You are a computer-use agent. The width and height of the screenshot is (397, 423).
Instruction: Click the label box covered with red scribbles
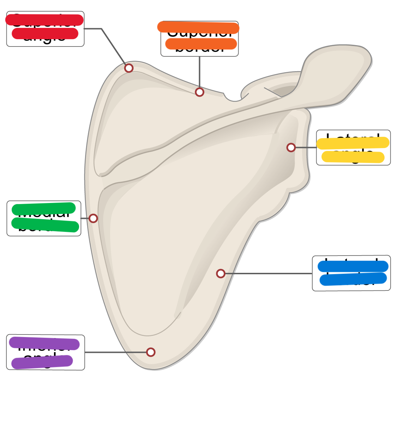tap(45, 29)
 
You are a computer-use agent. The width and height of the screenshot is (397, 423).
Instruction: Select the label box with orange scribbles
tap(199, 38)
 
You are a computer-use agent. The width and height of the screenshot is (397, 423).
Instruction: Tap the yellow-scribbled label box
tap(353, 147)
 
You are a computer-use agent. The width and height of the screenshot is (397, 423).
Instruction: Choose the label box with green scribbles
tap(44, 218)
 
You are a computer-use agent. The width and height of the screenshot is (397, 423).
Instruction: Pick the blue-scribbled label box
tap(351, 273)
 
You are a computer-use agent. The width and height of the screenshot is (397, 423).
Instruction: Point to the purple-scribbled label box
tap(46, 352)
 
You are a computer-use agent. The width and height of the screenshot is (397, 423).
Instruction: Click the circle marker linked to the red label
tap(129, 68)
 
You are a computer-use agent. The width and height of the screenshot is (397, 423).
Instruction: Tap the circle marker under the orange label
tap(199, 92)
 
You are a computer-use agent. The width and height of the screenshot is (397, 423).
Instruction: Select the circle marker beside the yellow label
tap(291, 147)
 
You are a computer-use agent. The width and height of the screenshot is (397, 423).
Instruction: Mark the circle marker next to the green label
tap(93, 218)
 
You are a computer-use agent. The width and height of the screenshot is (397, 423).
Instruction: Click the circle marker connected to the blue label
tap(221, 274)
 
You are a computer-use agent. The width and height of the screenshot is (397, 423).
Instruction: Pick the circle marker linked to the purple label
tap(151, 352)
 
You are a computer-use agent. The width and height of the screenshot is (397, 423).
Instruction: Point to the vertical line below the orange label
tap(199, 72)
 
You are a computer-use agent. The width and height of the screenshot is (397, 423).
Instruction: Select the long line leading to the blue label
tap(268, 274)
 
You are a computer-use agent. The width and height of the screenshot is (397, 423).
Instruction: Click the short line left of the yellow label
tap(306, 147)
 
